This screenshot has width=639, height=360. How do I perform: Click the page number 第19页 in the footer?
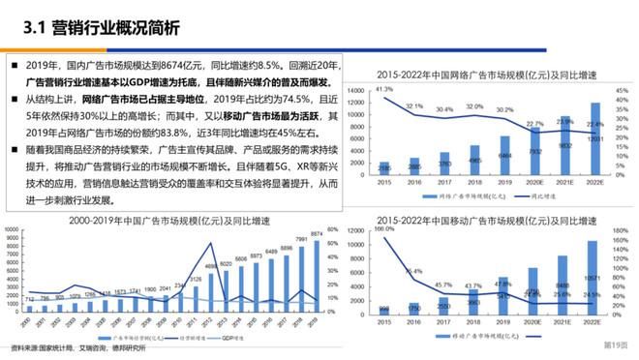coord(616,345)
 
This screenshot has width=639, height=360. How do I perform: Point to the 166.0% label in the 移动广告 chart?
coord(383,229)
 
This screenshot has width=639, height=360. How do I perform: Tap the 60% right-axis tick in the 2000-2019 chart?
coord(331,230)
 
